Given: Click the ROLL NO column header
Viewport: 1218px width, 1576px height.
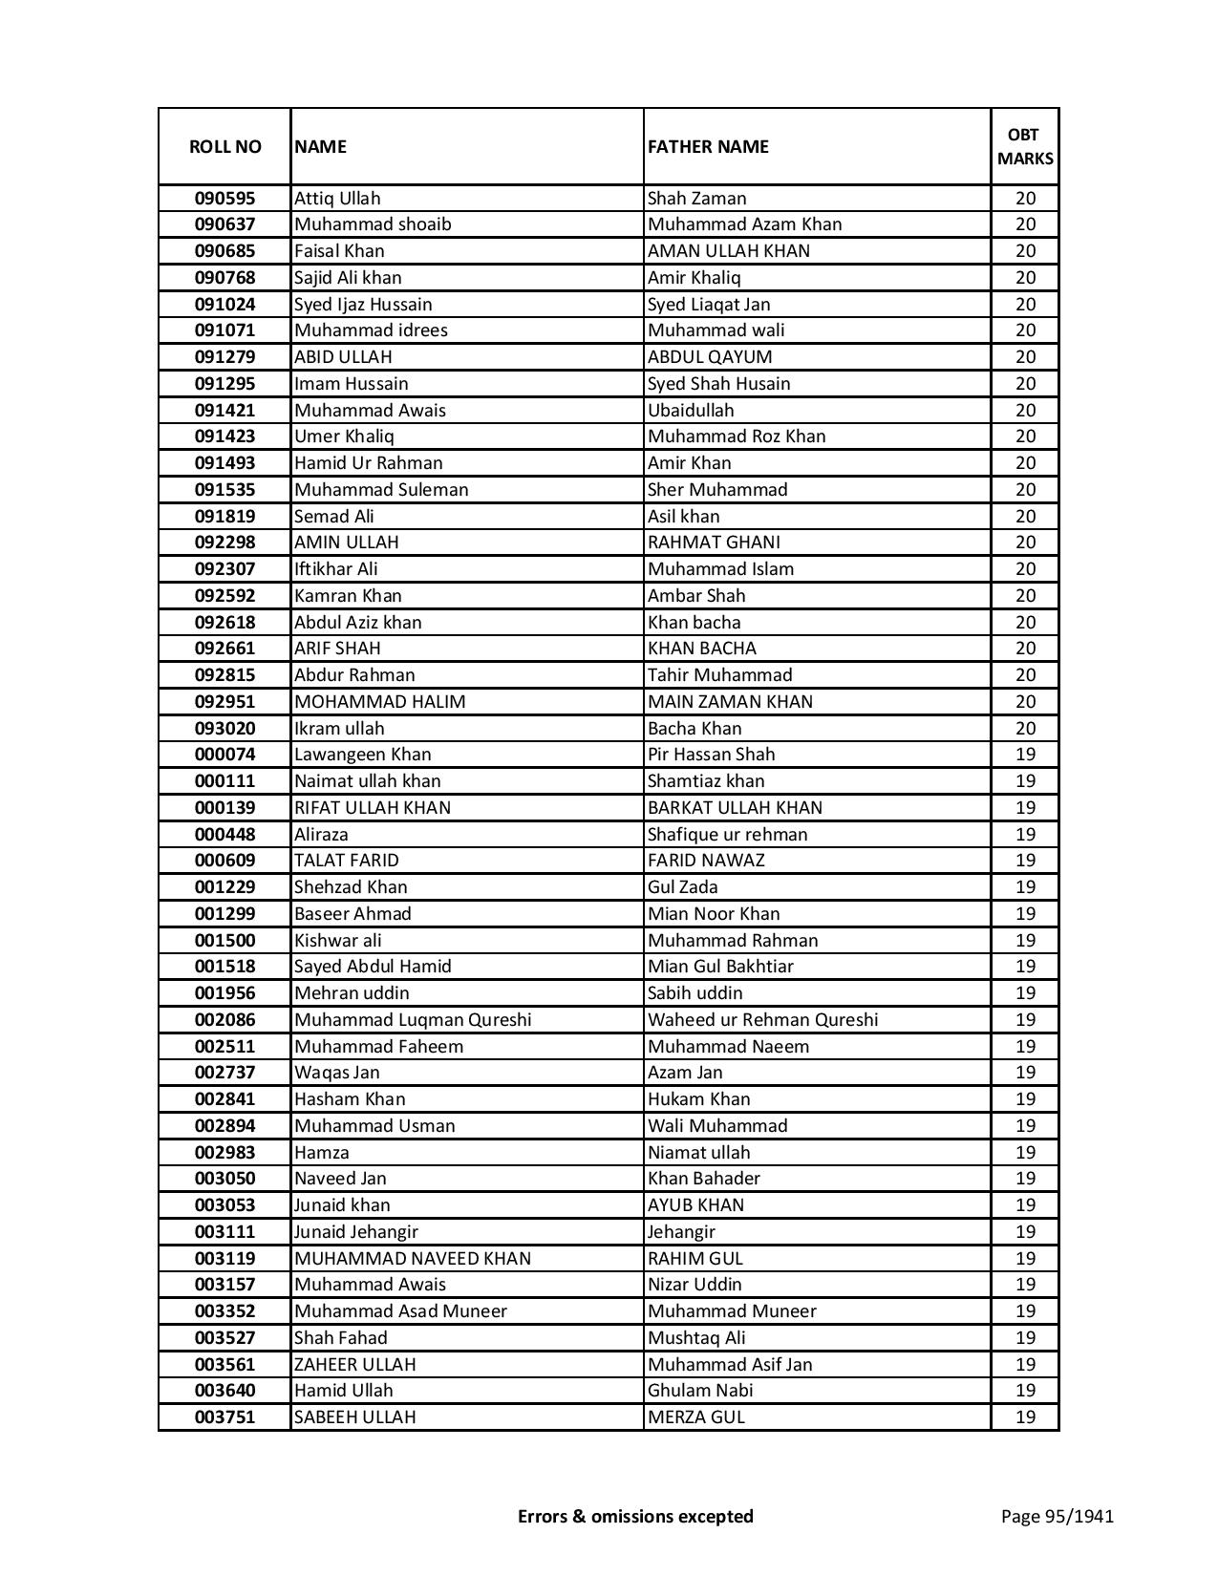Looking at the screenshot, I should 224,146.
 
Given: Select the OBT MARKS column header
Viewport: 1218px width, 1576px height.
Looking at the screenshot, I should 1025,146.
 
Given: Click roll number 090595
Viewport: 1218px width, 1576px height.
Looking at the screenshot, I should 224,199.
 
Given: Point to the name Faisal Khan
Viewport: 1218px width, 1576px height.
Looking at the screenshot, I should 339,251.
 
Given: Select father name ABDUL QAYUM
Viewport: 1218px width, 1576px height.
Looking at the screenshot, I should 710,357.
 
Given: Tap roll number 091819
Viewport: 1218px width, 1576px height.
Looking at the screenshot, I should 224,517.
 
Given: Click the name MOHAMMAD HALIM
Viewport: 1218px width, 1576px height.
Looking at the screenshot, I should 380,702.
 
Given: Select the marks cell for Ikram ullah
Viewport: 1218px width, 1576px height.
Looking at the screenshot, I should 1025,729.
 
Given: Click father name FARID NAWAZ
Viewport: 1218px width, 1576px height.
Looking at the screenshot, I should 706,861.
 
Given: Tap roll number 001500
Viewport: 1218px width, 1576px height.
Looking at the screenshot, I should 224,941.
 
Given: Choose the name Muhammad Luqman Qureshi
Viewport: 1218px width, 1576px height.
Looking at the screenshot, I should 413,1020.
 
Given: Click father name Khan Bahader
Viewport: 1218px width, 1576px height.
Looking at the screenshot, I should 704,1179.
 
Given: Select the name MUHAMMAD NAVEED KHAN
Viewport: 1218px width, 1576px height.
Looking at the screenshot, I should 413,1259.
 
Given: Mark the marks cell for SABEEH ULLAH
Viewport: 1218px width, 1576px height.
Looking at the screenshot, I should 1025,1417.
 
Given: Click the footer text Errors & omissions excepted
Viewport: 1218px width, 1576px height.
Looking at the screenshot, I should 635,1516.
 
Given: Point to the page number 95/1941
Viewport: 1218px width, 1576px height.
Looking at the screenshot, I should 1058,1516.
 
